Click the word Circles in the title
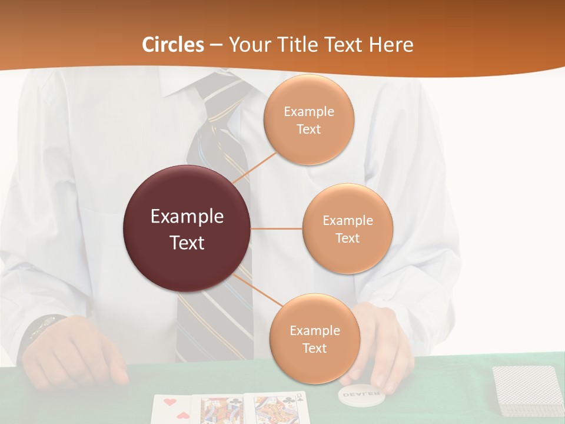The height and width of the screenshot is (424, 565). (x=173, y=45)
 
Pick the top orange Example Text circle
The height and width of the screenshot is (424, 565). (x=309, y=120)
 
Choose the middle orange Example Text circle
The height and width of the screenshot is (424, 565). (x=348, y=228)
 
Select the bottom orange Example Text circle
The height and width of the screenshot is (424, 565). (x=314, y=339)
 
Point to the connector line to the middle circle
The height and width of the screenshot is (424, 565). (x=277, y=228)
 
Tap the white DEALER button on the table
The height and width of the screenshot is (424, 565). (x=360, y=393)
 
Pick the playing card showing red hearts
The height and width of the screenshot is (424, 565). (x=173, y=409)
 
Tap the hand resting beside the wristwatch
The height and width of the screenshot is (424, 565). (x=77, y=350)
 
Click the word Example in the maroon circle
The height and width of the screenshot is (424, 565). (x=187, y=217)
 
